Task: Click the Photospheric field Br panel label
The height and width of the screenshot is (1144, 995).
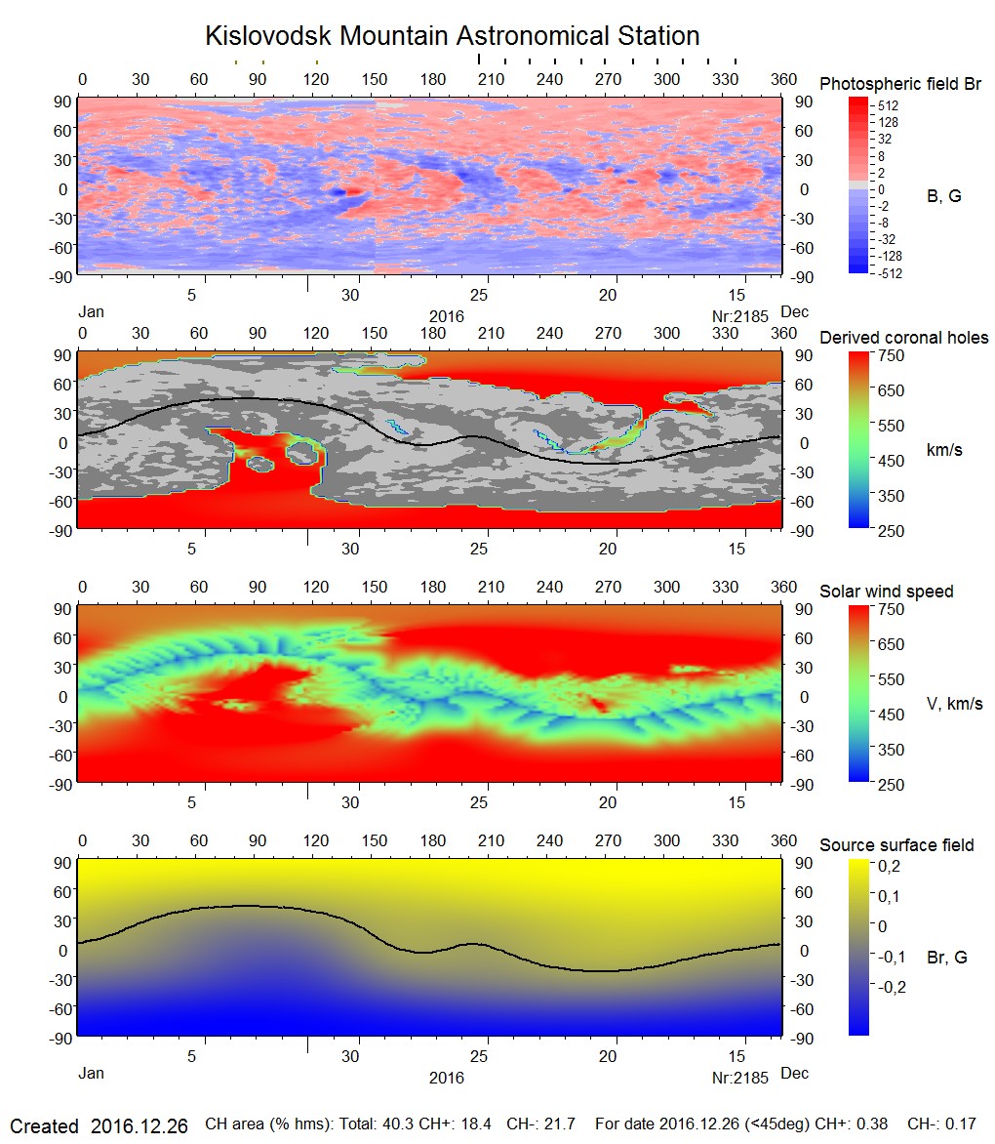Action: (x=900, y=84)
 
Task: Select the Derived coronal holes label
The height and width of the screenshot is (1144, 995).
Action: (x=903, y=338)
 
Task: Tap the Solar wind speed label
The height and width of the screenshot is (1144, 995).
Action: (x=886, y=592)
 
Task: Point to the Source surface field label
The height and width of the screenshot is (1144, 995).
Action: (x=896, y=845)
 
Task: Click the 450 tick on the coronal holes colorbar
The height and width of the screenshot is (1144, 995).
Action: (x=891, y=461)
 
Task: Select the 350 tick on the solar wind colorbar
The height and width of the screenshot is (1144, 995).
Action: (x=891, y=750)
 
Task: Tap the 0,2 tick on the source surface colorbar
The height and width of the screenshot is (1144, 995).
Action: (x=888, y=866)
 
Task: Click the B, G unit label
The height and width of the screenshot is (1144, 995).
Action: (x=943, y=196)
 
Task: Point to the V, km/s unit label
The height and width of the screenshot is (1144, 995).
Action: (x=953, y=704)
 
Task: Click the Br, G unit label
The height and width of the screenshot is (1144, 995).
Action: (x=946, y=958)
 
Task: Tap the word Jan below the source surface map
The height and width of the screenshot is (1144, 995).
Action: (x=90, y=1074)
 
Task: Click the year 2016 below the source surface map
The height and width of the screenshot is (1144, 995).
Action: (x=446, y=1078)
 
